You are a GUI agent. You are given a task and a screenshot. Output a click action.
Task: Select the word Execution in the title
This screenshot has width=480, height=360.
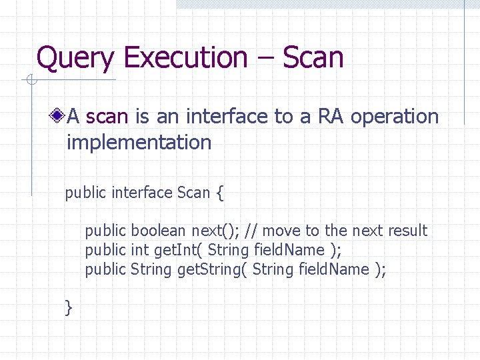coord(185,58)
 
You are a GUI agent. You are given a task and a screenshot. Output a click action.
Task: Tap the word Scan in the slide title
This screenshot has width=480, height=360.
coord(313,58)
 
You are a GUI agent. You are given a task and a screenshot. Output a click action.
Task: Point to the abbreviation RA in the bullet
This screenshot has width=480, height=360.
coord(331,117)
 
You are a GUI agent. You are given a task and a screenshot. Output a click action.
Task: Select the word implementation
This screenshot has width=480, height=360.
coord(139,142)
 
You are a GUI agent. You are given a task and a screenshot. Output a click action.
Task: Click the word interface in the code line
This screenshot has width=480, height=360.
coord(142,193)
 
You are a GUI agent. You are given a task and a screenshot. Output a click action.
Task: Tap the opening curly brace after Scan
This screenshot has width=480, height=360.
coord(220,193)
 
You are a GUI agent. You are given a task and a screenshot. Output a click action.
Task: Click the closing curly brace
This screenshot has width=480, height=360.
coord(68,307)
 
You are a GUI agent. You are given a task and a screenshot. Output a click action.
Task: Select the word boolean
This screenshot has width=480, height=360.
coord(159,231)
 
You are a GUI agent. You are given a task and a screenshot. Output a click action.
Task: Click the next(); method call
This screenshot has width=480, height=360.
coord(216,231)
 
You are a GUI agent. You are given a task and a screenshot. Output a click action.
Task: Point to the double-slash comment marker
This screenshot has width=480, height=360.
coord(251,231)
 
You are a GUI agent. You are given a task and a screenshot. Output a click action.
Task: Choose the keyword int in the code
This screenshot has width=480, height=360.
coord(139,250)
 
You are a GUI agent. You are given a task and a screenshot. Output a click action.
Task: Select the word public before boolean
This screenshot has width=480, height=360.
coord(105,231)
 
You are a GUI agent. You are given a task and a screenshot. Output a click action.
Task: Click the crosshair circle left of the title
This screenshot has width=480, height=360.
coord(31,81)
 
